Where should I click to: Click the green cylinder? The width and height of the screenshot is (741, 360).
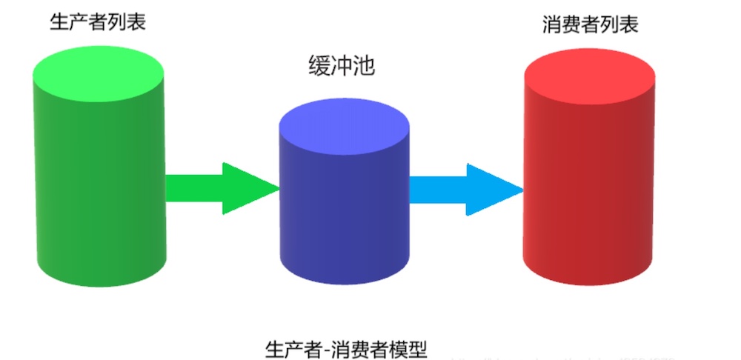coord(99,185)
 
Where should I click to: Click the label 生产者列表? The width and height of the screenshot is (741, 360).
coord(97,21)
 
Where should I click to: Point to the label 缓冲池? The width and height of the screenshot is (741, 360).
coord(342,67)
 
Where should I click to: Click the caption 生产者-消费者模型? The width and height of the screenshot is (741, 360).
coord(347,349)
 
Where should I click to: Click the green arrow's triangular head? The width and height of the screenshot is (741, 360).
coord(248,188)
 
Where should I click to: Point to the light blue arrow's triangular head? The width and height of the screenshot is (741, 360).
coord(493,190)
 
